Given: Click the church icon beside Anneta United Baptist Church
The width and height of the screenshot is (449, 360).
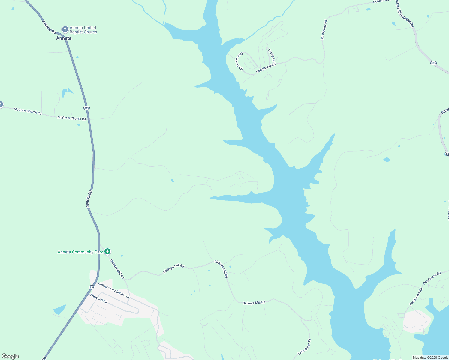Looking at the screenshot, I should (65, 29).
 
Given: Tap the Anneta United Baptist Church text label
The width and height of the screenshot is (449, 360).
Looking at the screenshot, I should (83, 30).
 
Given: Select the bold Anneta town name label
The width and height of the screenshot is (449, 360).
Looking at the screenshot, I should (64, 38).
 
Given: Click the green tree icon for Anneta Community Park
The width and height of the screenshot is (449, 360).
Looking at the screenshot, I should (107, 252).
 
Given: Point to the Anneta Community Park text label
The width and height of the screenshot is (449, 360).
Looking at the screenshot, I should (80, 252).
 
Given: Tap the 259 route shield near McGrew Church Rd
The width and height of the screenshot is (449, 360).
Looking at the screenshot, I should (86, 108).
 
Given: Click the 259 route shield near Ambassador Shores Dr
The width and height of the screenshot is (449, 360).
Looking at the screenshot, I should (92, 287).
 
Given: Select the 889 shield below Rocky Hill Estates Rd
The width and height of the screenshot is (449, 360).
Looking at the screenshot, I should (433, 63).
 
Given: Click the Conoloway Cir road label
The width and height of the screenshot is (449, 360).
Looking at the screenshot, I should (239, 61).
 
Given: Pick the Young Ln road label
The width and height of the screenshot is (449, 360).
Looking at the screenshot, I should (271, 55).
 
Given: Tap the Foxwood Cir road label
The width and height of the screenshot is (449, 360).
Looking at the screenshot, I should (99, 298).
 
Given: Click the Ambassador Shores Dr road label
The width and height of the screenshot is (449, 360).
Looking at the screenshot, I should (114, 290).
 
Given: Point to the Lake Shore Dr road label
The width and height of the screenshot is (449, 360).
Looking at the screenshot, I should (305, 347).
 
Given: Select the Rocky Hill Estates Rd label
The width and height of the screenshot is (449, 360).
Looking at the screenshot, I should (404, 14).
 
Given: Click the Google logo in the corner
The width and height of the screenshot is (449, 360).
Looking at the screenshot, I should (10, 356).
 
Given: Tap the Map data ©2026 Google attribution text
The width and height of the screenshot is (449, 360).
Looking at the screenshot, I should (430, 358).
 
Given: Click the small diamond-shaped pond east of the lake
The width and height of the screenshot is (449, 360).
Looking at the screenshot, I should (387, 159).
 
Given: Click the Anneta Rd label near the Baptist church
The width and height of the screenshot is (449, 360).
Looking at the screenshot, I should (49, 27).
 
